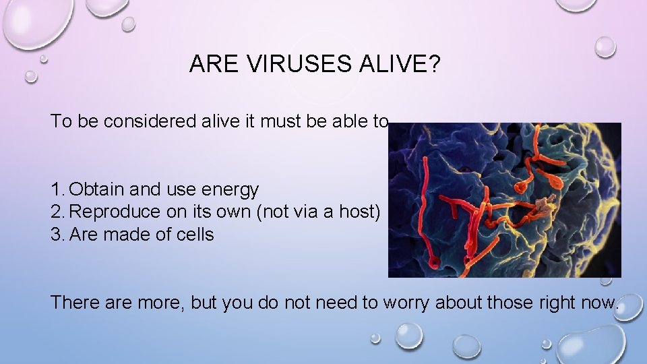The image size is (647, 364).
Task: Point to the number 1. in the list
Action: [58, 189]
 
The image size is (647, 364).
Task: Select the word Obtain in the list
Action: [96, 189]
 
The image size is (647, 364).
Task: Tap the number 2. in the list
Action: [58, 212]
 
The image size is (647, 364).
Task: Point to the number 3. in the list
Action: [58, 235]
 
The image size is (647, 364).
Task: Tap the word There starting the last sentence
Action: [74, 303]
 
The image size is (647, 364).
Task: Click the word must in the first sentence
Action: [270, 121]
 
